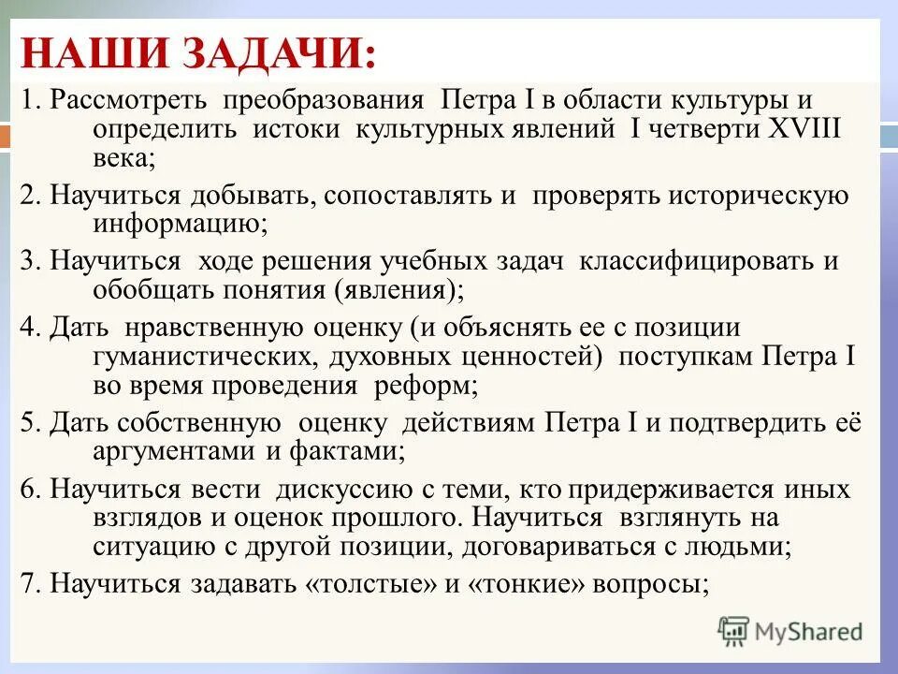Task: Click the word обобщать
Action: pos(152,289)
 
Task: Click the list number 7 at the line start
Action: pos(28,584)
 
